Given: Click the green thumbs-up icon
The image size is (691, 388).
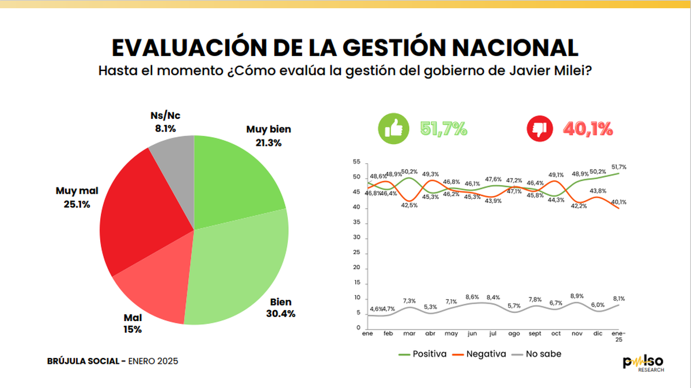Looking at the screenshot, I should pos(393,129).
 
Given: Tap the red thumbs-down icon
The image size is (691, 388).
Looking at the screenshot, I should pos(540,129).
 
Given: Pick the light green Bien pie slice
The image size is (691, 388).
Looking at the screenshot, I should pos(242,265).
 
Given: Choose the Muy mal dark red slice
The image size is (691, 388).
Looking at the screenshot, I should pos(135,219).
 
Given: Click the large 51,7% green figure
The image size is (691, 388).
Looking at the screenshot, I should pos(443,129).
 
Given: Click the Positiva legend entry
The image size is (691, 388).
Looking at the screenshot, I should pos(423,354).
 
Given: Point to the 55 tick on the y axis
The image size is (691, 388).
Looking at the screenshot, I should pos(356,162).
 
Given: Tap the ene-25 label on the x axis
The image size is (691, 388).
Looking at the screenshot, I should pos(618,336).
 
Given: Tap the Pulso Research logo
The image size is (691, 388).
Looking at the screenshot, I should pos(643,363).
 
